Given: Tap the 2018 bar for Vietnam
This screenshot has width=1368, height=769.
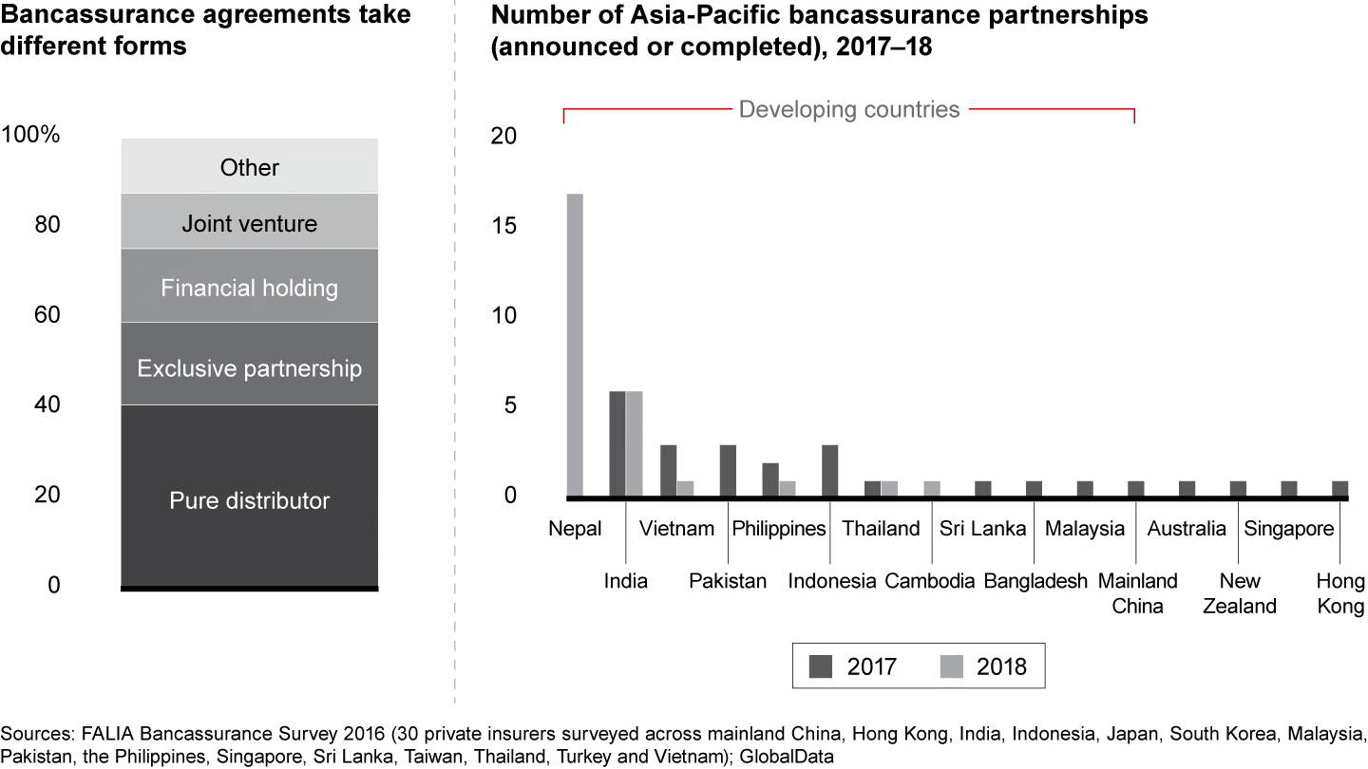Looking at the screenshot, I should (686, 488).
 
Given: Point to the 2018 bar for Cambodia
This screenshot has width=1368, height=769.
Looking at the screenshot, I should (932, 488).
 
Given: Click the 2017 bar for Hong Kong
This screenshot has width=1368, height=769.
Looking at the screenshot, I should (1339, 488).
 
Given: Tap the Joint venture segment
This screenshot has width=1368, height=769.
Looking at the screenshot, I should (250, 222).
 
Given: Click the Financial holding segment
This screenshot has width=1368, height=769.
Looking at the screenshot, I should (250, 286).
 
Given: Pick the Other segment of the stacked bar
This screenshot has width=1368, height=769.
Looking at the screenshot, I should (250, 167).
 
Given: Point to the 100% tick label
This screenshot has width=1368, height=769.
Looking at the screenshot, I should (31, 135).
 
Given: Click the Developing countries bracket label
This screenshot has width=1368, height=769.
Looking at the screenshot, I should (849, 109).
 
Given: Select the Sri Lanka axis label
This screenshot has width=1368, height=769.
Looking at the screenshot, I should (982, 529).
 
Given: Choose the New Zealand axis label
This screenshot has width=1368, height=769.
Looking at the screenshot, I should (1239, 593).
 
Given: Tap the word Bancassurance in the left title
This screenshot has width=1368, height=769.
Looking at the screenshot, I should (83, 15).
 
